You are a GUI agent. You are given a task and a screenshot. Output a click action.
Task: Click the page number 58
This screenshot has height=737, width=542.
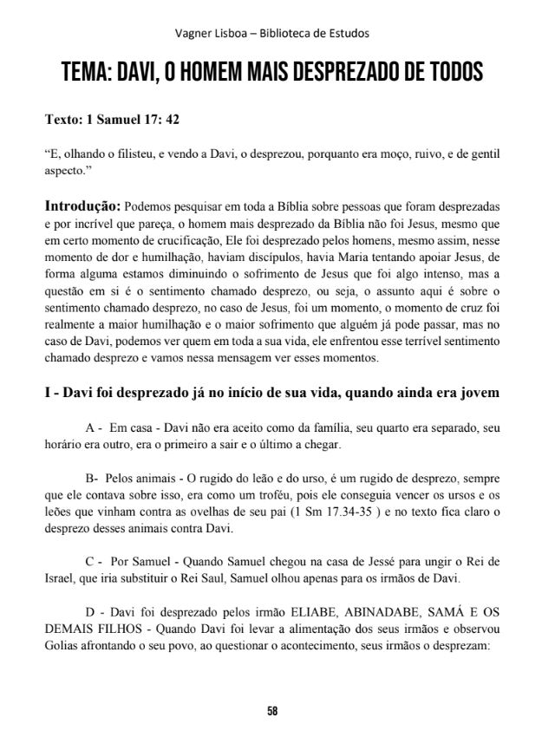(x=272, y=711)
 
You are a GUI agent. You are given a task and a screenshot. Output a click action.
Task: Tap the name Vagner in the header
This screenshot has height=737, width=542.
(x=193, y=34)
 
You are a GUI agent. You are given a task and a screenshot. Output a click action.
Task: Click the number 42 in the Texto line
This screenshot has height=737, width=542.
(x=171, y=118)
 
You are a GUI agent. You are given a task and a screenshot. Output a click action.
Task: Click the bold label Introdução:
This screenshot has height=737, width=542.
(x=82, y=206)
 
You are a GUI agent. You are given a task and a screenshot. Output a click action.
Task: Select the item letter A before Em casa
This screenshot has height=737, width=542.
(x=91, y=429)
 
